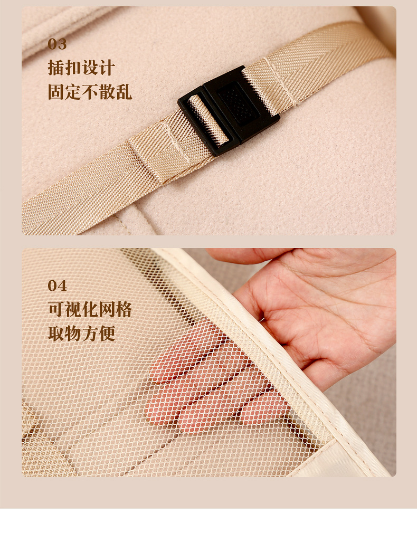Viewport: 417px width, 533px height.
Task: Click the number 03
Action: pos(57,44)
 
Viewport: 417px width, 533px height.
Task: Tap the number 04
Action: pos(57,285)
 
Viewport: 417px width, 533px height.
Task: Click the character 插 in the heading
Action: pos(56,68)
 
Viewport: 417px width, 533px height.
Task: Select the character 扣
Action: pos(73,68)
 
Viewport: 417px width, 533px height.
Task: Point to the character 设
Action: pos(90,68)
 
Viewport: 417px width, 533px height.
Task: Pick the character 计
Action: pos(107,68)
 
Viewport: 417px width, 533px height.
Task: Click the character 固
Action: pos(56,92)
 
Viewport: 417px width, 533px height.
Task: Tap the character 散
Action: pos(107,92)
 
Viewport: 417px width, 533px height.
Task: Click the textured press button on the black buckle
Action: pos(239,103)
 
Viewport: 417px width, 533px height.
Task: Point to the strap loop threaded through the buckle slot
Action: pos(208,119)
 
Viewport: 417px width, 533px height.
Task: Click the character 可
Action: pos(56,309)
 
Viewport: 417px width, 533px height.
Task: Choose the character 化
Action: pos(90,309)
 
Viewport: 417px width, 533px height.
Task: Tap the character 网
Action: pos(107,309)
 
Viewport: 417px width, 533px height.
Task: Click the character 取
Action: pos(56,334)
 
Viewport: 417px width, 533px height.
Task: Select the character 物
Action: pos(73,334)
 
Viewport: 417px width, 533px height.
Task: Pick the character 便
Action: pos(107,334)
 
